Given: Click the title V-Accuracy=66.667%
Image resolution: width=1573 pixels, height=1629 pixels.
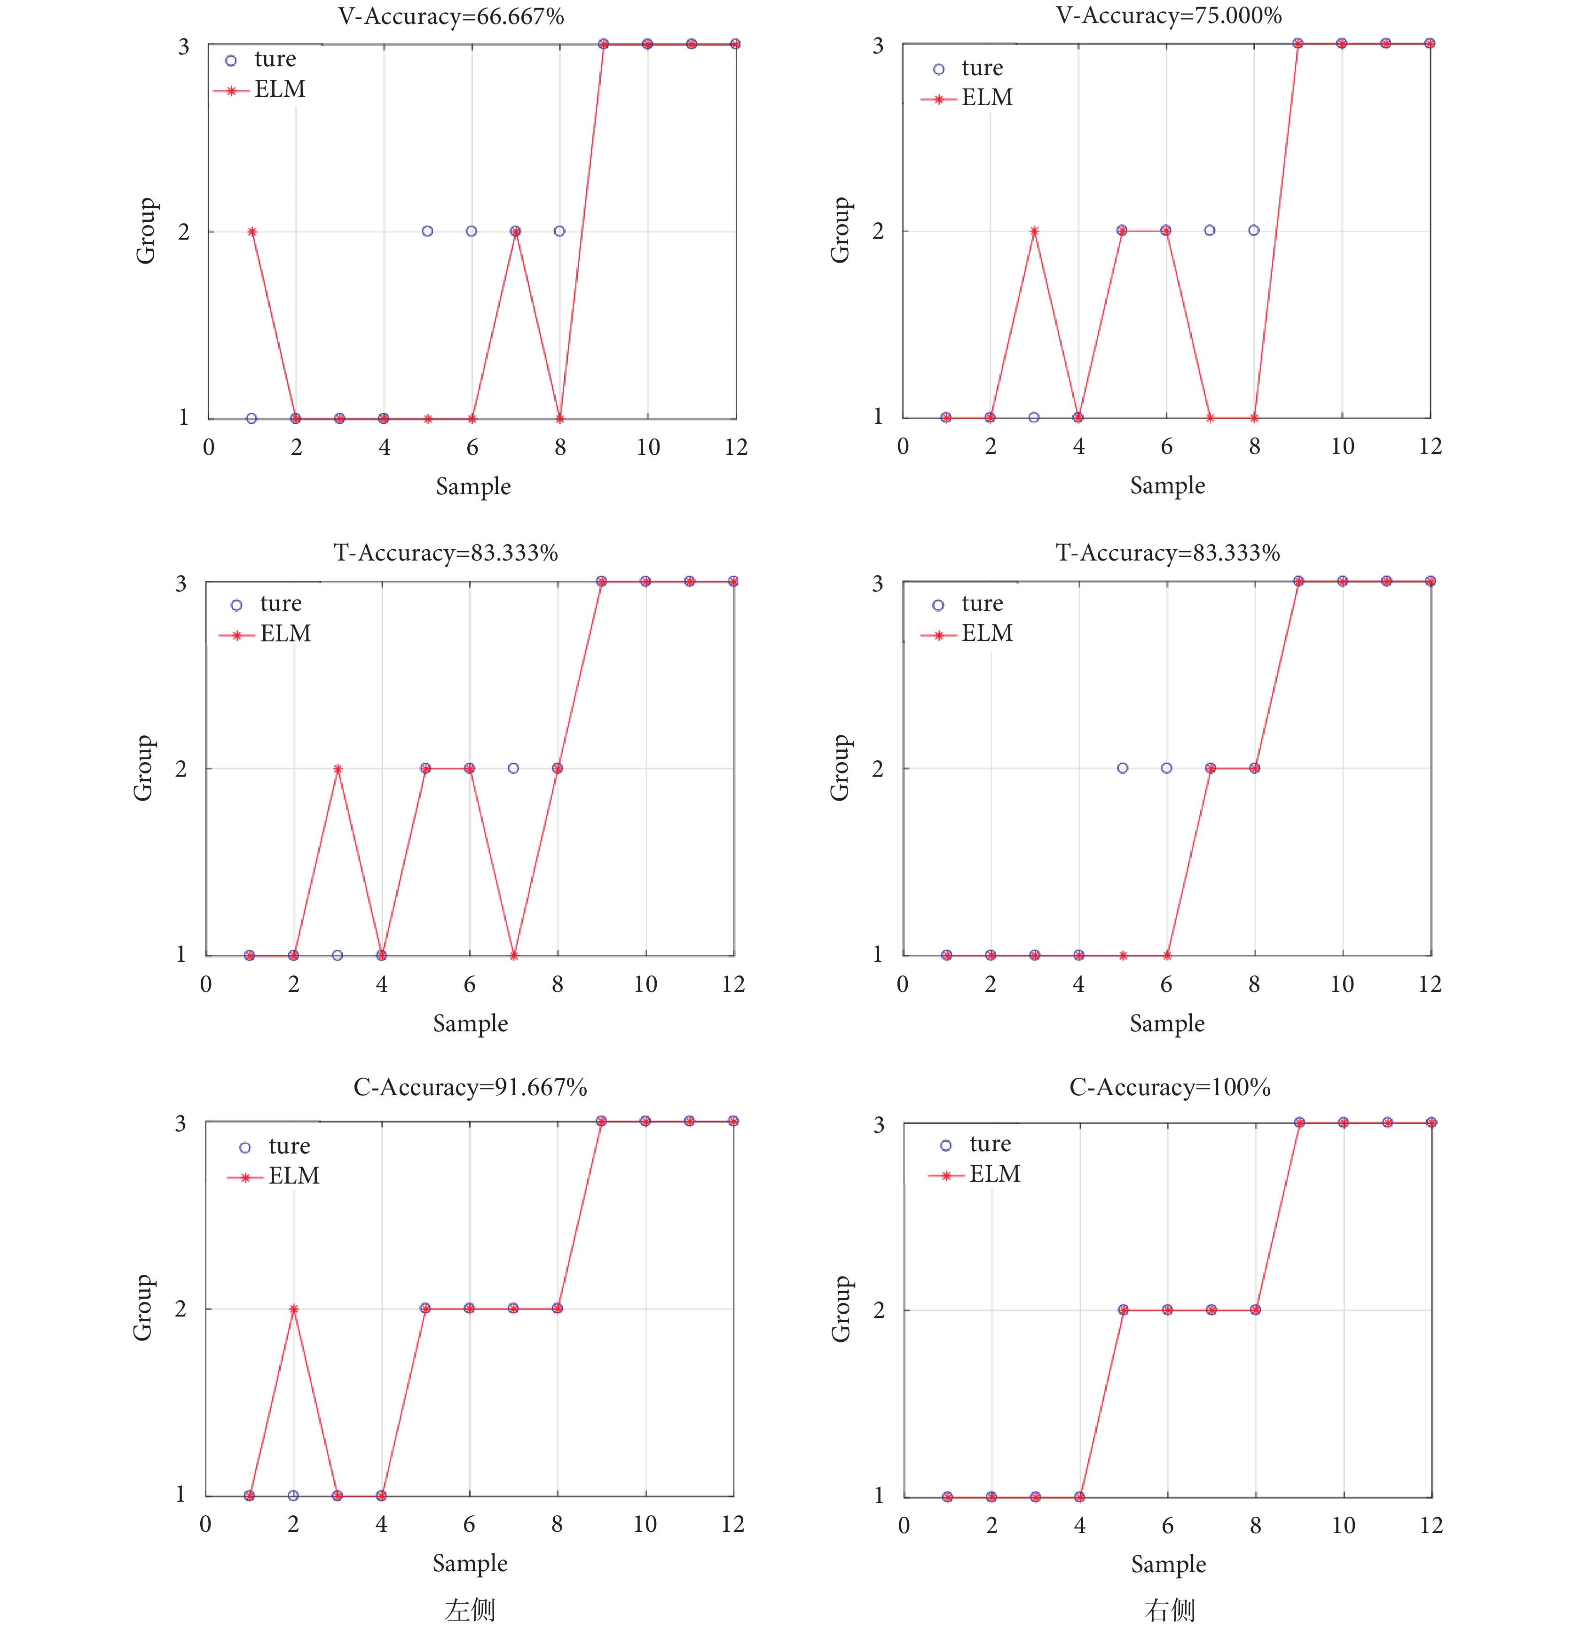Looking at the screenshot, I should tap(451, 16).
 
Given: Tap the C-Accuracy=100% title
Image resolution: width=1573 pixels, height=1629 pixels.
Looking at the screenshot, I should tap(1169, 1087).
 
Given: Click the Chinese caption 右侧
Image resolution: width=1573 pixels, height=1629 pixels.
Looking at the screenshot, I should tap(1169, 1609).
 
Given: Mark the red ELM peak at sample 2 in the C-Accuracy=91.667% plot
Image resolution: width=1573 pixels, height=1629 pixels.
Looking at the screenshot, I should tap(293, 1309).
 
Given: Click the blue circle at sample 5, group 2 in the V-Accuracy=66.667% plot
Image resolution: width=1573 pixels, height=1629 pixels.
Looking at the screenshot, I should tap(427, 231).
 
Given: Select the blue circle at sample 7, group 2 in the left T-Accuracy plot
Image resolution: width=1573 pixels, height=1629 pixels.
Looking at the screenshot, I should tap(513, 768).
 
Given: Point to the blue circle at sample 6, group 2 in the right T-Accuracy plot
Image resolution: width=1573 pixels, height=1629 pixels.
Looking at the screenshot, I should tap(1166, 768).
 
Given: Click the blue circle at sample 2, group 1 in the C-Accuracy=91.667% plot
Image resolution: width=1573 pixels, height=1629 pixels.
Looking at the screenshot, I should tap(293, 1495).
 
